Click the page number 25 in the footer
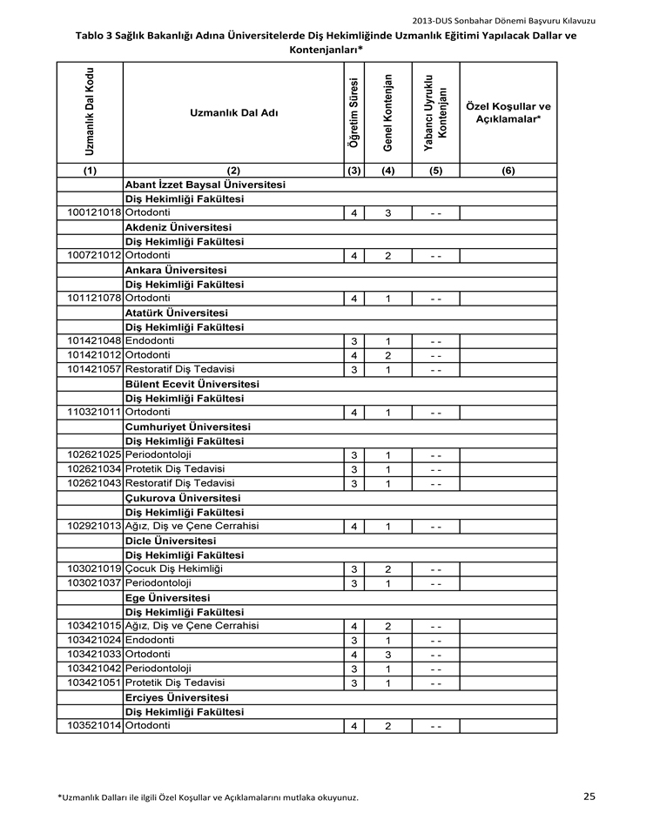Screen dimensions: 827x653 [589, 796]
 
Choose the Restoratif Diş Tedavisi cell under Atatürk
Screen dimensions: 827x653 [180, 369]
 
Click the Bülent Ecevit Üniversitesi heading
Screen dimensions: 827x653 [192, 384]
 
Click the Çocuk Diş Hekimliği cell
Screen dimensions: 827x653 [174, 568]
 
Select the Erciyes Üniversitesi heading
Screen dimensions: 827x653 [177, 697]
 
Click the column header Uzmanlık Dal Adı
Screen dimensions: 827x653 [233, 113]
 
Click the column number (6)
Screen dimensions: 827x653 [508, 171]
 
